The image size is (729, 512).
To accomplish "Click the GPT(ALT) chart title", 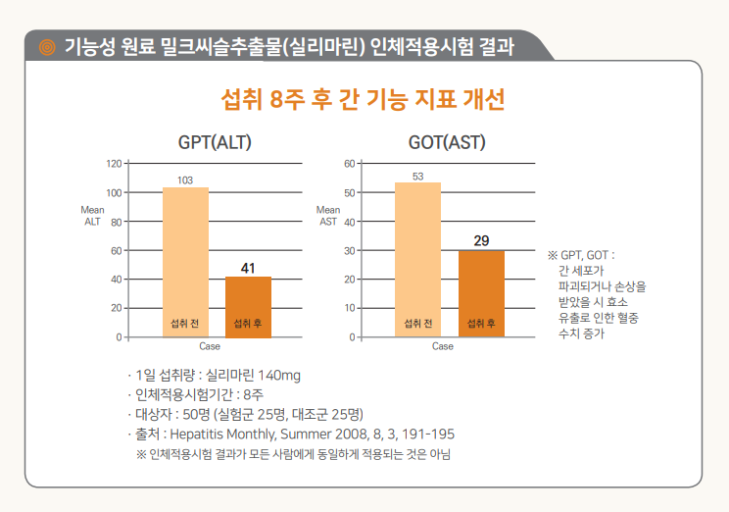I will tap(215, 142).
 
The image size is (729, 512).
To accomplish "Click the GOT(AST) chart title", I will tap(447, 142).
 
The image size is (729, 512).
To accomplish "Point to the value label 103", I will tap(185, 179).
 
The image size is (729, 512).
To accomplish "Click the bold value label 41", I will tap(248, 268).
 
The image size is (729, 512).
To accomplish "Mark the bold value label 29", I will tap(481, 240).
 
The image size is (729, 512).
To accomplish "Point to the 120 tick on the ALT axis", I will tap(115, 164).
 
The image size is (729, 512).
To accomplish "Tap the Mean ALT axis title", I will tap(92, 216).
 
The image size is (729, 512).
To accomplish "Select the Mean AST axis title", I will tap(328, 216).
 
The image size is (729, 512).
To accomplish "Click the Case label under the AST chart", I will tap(443, 346).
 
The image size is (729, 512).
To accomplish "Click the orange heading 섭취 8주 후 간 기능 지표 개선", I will tap(364, 100).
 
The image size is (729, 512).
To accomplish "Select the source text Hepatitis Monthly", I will tap(224, 434).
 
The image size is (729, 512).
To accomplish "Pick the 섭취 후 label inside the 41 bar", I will tap(248, 323).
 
